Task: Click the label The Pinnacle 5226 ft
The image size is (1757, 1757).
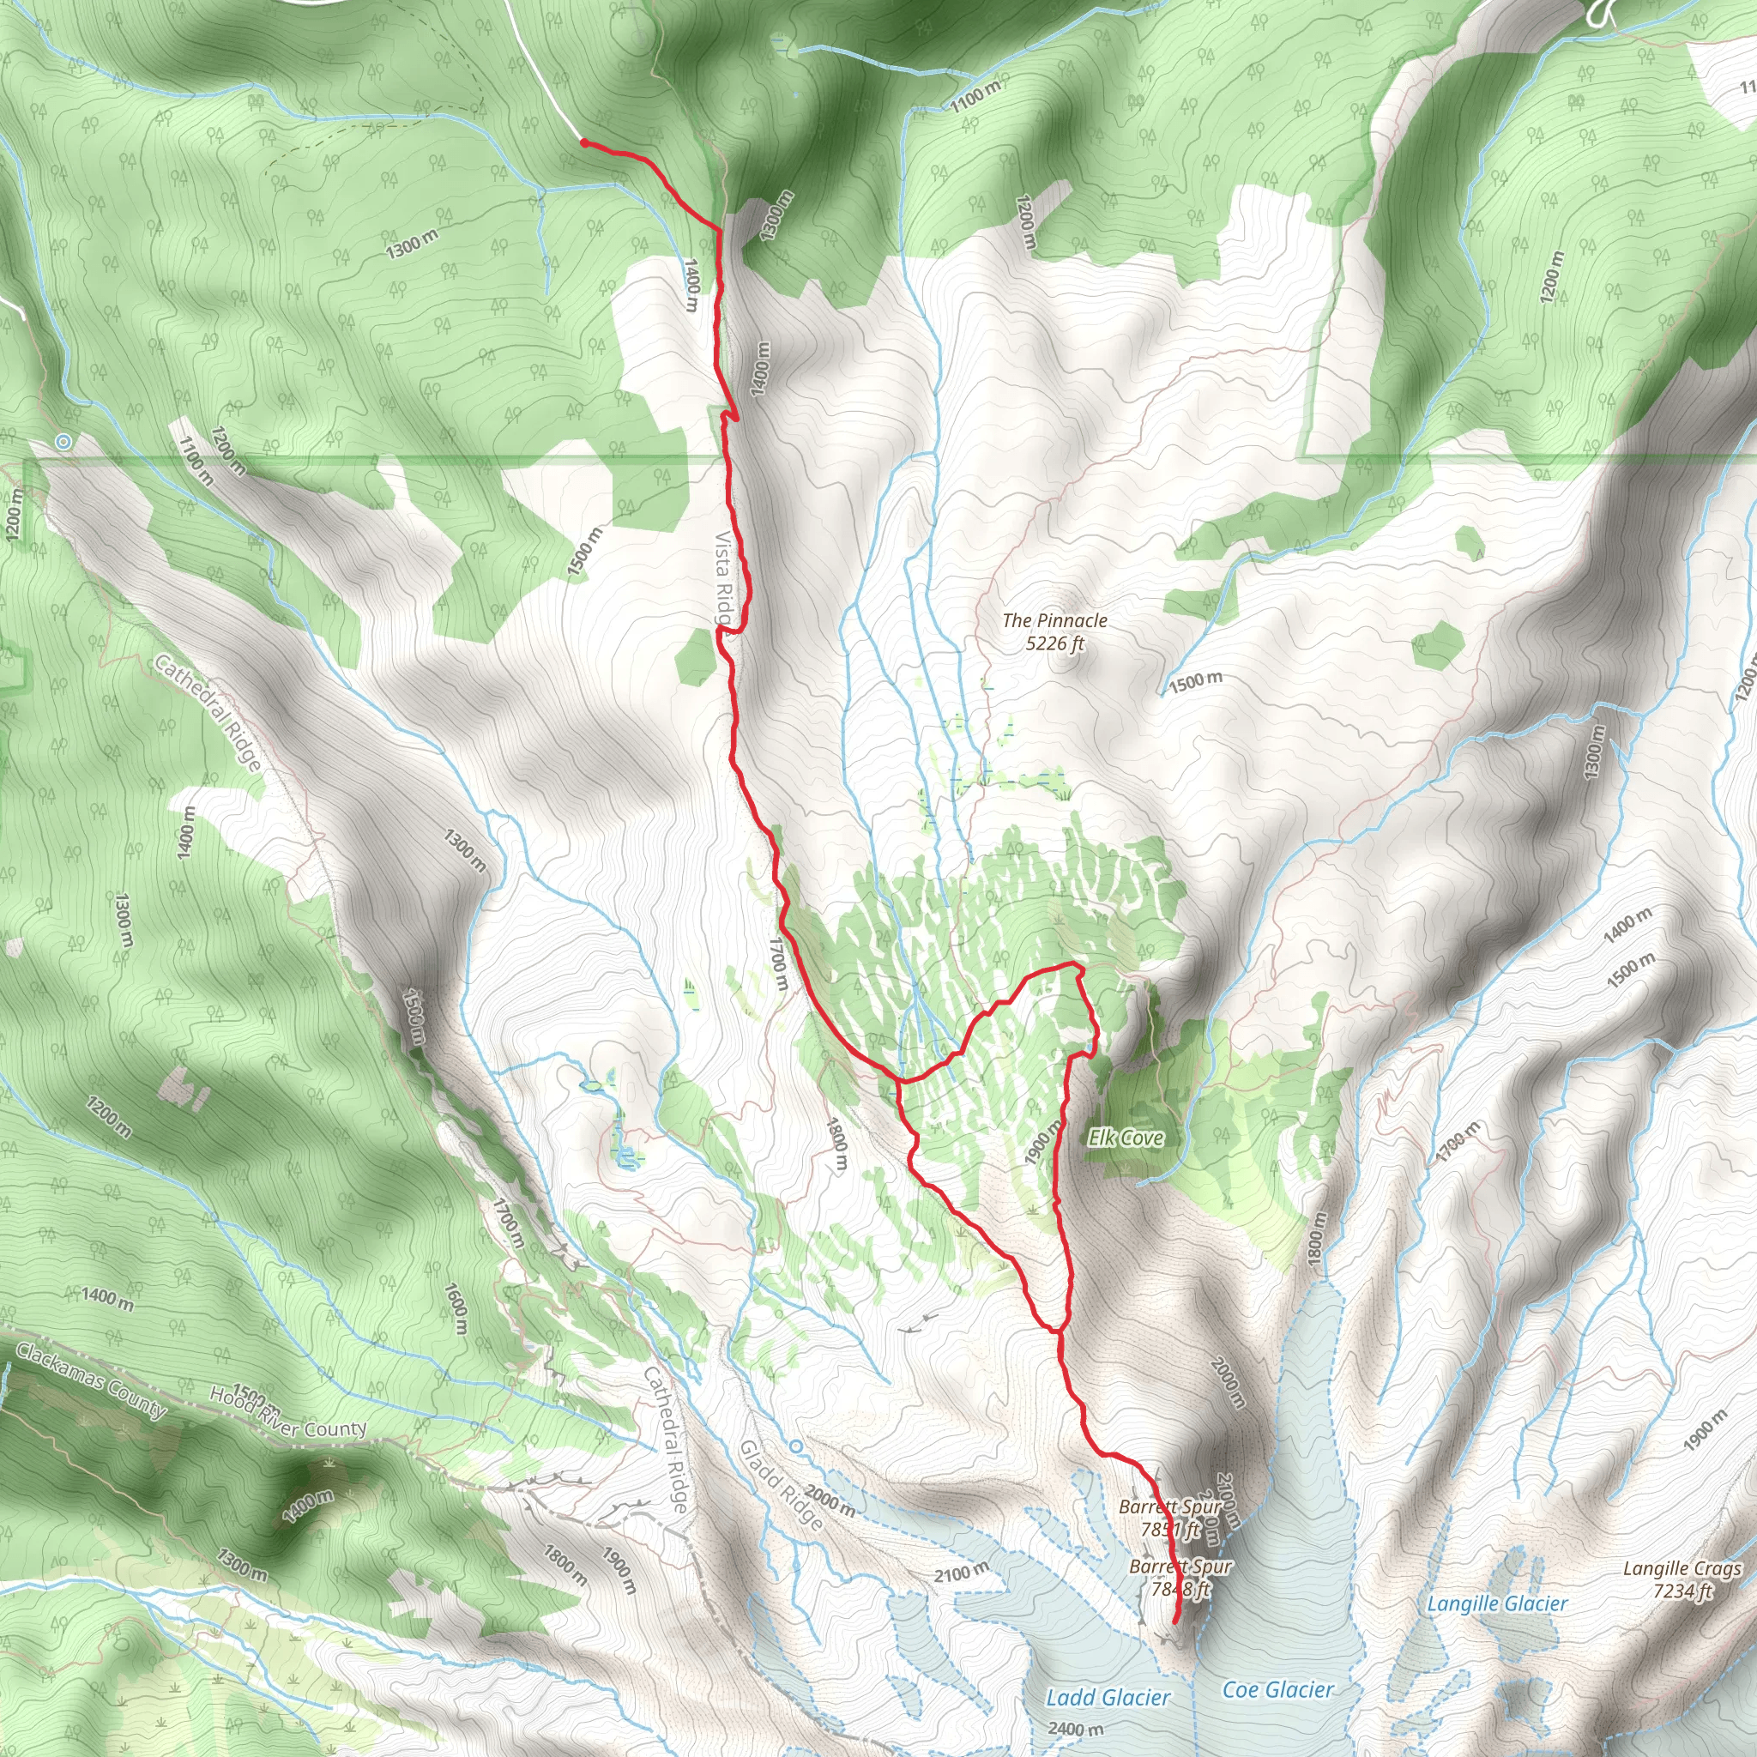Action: pyautogui.click(x=1054, y=632)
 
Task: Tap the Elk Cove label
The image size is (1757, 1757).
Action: pyautogui.click(x=1125, y=1138)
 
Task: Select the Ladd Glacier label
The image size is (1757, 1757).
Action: pyautogui.click(x=1108, y=1697)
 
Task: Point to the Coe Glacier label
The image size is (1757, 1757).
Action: pyautogui.click(x=1277, y=1690)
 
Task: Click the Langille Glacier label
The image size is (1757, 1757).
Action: pyautogui.click(x=1496, y=1603)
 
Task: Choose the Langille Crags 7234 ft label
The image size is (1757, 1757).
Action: pyautogui.click(x=1682, y=1579)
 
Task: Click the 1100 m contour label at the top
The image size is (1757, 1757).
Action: pyautogui.click(x=975, y=95)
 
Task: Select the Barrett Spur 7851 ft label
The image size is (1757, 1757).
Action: pyautogui.click(x=1170, y=1518)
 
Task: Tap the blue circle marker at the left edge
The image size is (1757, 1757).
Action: pyautogui.click(x=63, y=442)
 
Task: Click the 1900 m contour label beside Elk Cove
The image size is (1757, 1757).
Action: pyautogui.click(x=1043, y=1142)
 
